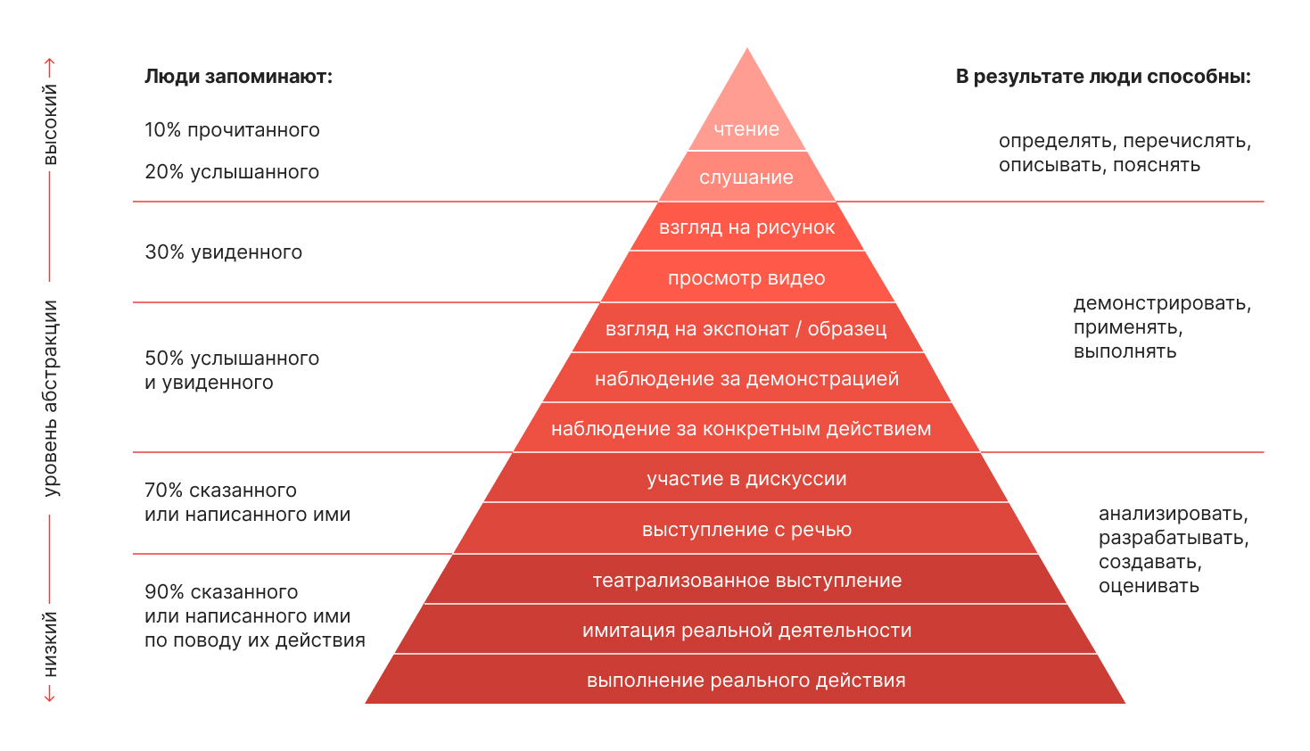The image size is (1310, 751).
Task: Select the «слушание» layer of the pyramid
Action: point(746,177)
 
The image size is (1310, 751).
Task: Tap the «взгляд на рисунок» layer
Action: point(746,227)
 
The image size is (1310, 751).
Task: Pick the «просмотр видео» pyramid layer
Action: point(746,277)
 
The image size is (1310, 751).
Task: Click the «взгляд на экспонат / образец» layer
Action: point(746,328)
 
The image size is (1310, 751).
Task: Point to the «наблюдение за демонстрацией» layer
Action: point(746,378)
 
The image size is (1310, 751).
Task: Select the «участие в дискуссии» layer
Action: point(746,478)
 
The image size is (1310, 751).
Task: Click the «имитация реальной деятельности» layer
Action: point(746,630)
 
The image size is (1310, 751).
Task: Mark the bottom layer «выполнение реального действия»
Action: point(746,680)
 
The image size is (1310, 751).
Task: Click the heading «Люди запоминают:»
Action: point(239,77)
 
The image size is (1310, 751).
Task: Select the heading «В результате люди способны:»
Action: point(1104,77)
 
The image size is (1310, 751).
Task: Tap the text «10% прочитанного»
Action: point(232,130)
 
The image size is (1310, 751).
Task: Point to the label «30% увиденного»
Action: point(224,252)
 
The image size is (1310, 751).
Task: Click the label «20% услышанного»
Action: point(232,172)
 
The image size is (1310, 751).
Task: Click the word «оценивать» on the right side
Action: point(1149,586)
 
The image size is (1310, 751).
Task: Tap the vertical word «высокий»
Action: point(50,124)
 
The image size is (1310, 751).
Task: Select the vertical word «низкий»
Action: point(50,645)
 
